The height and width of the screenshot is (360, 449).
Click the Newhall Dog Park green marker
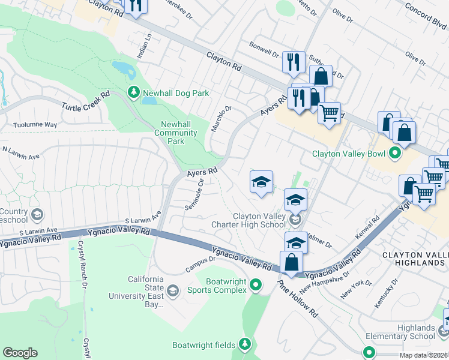click(133, 93)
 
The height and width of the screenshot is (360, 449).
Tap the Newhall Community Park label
click(176, 133)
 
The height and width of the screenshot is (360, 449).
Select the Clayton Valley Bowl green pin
click(394, 153)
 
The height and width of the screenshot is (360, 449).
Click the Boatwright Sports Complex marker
click(257, 285)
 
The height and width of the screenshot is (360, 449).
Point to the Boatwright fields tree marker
click(245, 344)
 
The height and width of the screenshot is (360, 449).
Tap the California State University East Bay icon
click(173, 291)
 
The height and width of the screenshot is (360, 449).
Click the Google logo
click(20, 353)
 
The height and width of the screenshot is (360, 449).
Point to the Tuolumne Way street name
click(35, 125)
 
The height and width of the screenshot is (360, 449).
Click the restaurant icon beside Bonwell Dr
click(294, 62)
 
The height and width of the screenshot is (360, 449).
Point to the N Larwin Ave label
click(21, 152)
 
